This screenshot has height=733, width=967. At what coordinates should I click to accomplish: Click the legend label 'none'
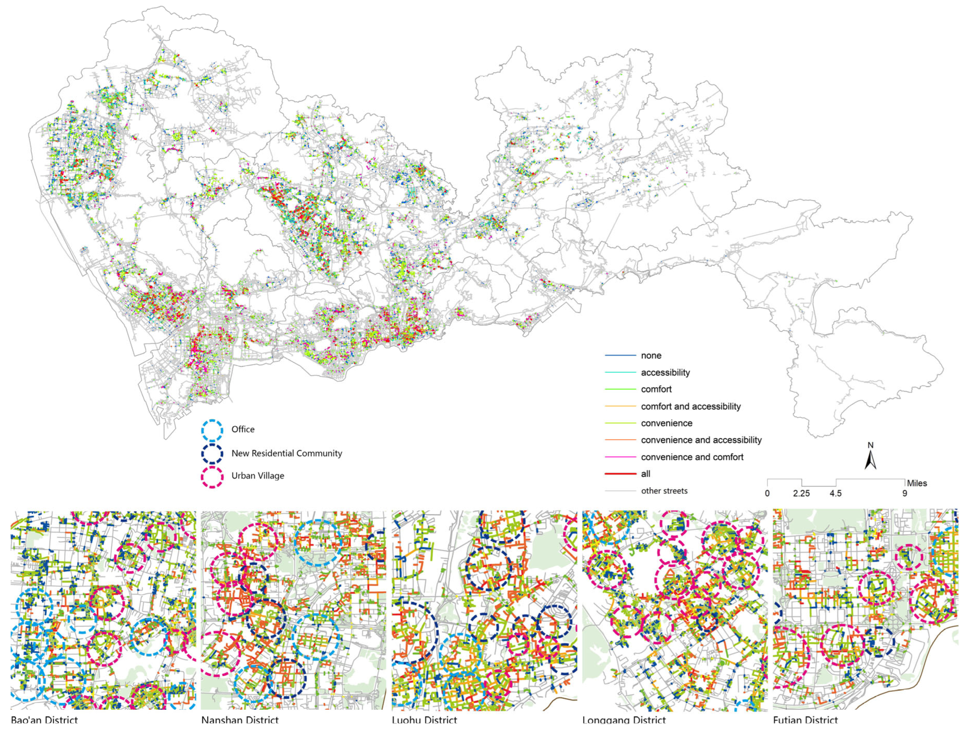pos(651,356)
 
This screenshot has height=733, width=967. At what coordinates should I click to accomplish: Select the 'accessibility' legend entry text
pos(665,373)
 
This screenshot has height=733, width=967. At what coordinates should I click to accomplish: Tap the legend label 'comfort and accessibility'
pos(690,406)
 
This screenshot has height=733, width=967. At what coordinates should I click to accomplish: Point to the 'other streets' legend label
pos(664,491)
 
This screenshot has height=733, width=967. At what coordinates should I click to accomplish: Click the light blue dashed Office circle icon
pos(212,430)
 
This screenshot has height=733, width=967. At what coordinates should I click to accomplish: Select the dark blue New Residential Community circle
pos(212,454)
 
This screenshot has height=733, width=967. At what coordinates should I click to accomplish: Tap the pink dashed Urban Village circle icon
pos(212,477)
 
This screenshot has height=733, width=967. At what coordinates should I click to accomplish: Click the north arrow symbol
pos(870,460)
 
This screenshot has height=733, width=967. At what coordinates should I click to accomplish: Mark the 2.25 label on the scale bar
pos(801,493)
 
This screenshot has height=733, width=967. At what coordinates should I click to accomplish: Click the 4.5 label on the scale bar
pos(836,493)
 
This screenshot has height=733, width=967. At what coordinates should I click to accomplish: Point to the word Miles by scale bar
pos(917,483)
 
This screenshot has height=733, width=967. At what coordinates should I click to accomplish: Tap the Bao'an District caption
pos(44,719)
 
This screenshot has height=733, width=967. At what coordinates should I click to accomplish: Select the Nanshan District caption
pos(240,719)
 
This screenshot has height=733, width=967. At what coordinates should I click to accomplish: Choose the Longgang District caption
pos(624,719)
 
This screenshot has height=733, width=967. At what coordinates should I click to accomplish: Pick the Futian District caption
pos(805,719)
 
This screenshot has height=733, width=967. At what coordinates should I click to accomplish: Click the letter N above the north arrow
pos(870,445)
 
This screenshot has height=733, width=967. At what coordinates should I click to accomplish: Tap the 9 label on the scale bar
pos(905,493)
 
